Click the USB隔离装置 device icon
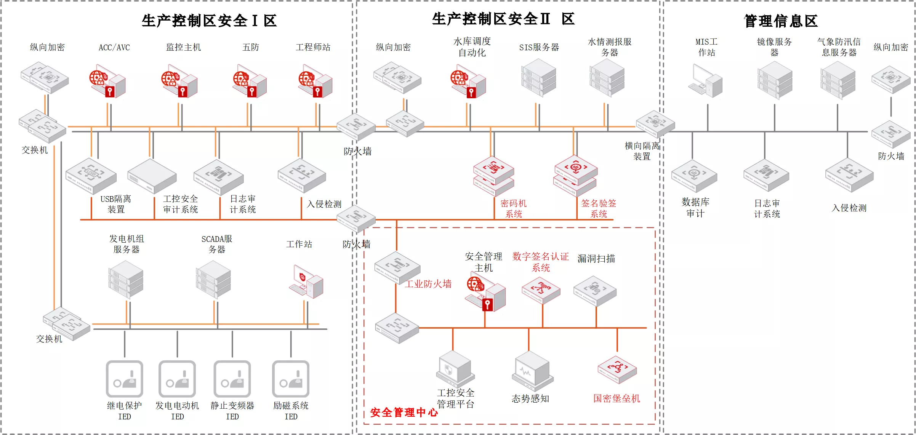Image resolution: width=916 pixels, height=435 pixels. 91,176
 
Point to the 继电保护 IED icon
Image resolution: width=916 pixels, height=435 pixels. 125,379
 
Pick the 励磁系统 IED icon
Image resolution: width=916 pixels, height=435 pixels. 291,379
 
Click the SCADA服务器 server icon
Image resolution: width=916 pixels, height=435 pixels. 213,280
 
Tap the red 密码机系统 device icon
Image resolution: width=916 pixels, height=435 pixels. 493,176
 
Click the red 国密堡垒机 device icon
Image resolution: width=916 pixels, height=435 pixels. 617,369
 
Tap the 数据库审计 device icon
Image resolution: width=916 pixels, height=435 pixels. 694,176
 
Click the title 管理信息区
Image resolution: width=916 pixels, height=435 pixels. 781,21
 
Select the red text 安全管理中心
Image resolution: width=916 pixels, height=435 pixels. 404,412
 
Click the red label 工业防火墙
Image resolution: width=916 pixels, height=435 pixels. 428,284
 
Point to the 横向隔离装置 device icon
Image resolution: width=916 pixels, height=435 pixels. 655,123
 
